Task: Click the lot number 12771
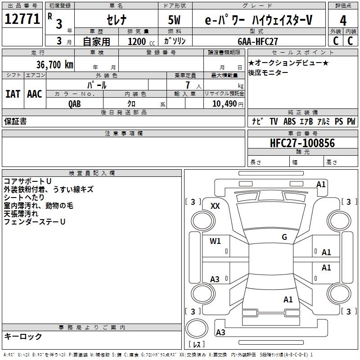(22, 20)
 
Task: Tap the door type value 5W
(175, 20)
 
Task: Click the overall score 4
(343, 20)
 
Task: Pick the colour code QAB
(75, 103)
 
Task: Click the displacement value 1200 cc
(139, 41)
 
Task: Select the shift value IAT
(13, 94)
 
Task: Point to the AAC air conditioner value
(35, 94)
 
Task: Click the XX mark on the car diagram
(215, 206)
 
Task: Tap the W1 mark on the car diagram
(215, 241)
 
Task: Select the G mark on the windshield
(284, 237)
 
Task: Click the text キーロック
(23, 336)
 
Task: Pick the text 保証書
(15, 121)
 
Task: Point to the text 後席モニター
(268, 73)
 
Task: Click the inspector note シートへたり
(24, 198)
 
